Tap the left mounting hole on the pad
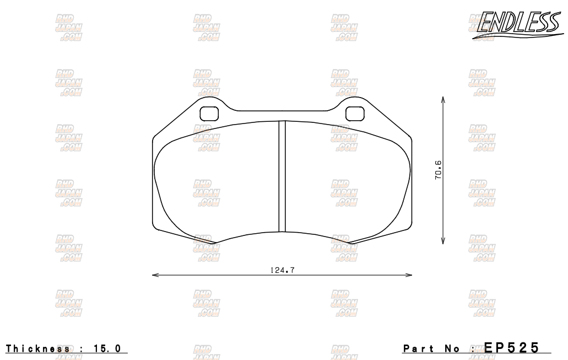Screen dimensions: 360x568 tap(209, 113)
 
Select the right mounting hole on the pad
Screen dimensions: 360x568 tap(355, 113)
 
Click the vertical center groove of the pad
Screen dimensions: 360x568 tap(282, 176)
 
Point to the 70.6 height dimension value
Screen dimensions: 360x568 tap(438, 170)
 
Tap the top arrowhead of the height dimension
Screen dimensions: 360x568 tap(443, 99)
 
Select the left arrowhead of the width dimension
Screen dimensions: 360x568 tap(155, 275)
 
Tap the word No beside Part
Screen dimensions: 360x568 tap(451, 348)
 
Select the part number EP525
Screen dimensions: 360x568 tap(512, 347)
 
